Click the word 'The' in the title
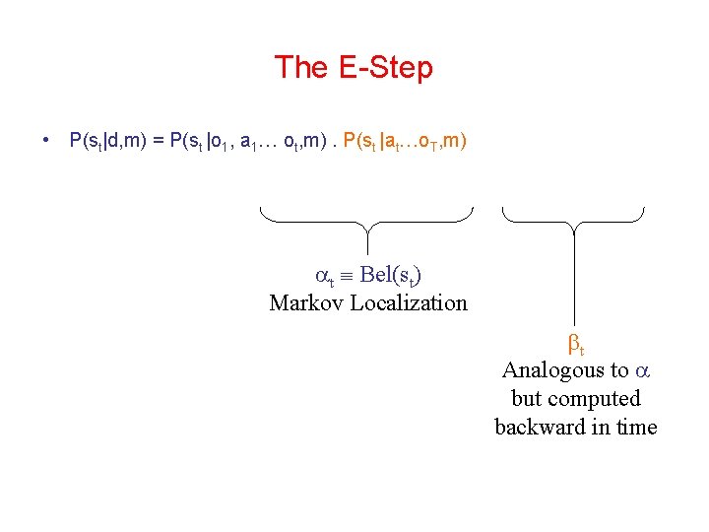(300, 68)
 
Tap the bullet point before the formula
(47, 140)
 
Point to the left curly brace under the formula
(367, 221)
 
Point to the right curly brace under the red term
(573, 221)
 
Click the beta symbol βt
(576, 345)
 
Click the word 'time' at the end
(636, 427)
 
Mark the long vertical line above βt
(574, 281)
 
